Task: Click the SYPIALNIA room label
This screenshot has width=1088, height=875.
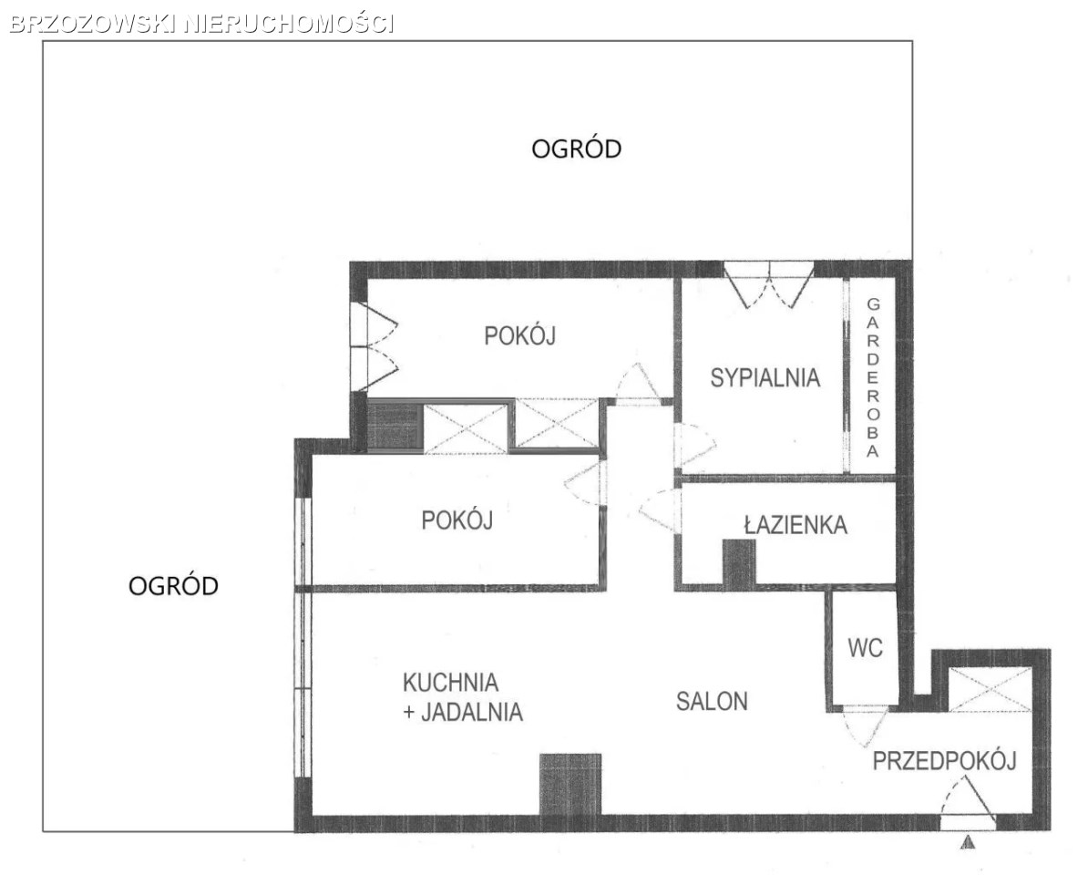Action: click(765, 378)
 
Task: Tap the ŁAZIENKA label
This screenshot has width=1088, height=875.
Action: click(795, 525)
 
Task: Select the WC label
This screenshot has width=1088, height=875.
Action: click(866, 648)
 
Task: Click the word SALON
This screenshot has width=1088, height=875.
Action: click(712, 702)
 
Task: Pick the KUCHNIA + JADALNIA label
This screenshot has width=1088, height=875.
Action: click(463, 696)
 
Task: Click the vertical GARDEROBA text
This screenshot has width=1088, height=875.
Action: click(873, 378)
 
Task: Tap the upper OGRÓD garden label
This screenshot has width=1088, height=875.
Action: click(576, 149)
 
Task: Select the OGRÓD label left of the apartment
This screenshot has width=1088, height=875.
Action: click(173, 586)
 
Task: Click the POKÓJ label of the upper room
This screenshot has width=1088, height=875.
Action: click(519, 335)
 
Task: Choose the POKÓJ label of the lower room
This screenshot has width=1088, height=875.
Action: click(457, 520)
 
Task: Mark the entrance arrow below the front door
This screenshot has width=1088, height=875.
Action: click(968, 843)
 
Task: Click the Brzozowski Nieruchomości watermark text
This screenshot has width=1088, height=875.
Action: click(202, 24)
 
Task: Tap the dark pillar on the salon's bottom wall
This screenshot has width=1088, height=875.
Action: click(570, 784)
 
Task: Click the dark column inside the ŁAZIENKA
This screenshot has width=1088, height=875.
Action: click(739, 562)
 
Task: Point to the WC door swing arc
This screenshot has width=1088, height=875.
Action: click(865, 727)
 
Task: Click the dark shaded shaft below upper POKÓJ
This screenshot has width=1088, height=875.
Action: click(395, 426)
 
